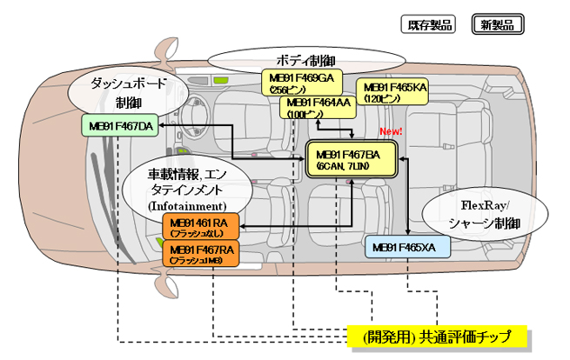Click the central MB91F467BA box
click(x=348, y=159)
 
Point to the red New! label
click(x=390, y=131)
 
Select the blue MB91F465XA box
click(x=406, y=248)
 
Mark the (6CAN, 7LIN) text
click(x=349, y=165)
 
